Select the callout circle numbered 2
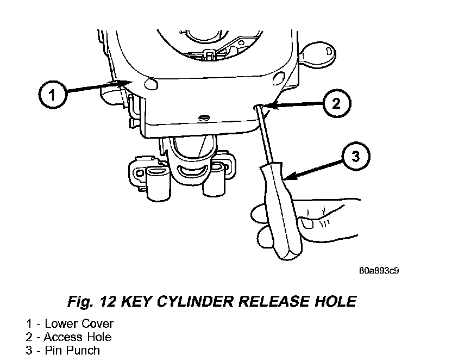(x=336, y=104)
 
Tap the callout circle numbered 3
(x=354, y=157)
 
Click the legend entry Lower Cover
(x=79, y=324)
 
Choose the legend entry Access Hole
(x=77, y=337)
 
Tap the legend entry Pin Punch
(x=72, y=350)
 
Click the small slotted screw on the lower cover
(x=205, y=117)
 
